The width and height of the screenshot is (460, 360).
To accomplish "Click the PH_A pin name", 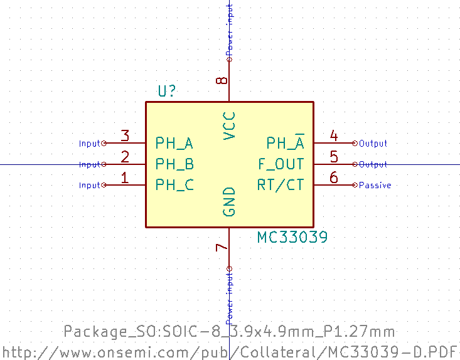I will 174,144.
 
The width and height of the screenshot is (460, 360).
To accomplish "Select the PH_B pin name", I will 174,164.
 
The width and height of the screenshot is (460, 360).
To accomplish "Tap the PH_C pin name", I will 174,185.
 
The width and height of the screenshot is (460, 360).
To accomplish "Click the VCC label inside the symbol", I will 230,125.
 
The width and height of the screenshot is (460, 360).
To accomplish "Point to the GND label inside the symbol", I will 230,202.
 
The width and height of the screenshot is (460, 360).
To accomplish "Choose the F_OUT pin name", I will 281,164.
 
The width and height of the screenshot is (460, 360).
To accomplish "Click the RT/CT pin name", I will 281,185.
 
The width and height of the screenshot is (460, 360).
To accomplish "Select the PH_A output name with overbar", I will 286,144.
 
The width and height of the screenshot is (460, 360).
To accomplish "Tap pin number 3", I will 125,136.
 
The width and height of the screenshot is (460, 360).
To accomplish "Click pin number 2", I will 125,157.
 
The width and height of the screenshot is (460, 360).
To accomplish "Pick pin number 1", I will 125,178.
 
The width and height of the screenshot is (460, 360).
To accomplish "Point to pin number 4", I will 334,136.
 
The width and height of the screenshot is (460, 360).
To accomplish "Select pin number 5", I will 334,157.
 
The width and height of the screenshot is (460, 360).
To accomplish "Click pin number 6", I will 334,178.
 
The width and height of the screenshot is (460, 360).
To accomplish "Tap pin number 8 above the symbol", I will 222,81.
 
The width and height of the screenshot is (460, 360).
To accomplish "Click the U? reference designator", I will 166,92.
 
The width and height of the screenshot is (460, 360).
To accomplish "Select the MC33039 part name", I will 292,238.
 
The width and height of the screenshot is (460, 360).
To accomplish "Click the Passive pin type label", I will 375,186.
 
